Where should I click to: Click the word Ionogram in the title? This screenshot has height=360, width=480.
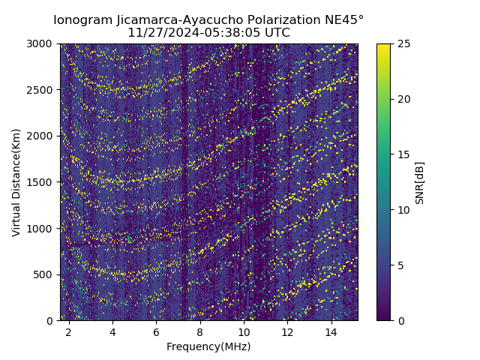click(82, 19)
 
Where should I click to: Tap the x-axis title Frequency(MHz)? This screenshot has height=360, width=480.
click(208, 346)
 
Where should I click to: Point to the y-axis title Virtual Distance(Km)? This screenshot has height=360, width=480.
click(16, 182)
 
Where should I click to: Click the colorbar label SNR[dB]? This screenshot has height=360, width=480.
click(419, 182)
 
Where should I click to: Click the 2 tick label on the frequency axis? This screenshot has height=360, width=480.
click(69, 331)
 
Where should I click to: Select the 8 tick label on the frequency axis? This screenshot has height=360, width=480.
click(200, 331)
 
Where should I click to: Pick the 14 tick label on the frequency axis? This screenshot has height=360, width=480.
click(331, 331)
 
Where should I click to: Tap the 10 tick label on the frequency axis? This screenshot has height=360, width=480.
click(244, 331)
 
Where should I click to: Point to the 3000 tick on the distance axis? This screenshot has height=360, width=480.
click(42, 44)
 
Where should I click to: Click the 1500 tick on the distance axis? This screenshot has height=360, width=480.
click(42, 182)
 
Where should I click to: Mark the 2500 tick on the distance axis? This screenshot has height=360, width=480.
click(42, 90)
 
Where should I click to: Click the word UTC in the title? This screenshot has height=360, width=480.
click(277, 33)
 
